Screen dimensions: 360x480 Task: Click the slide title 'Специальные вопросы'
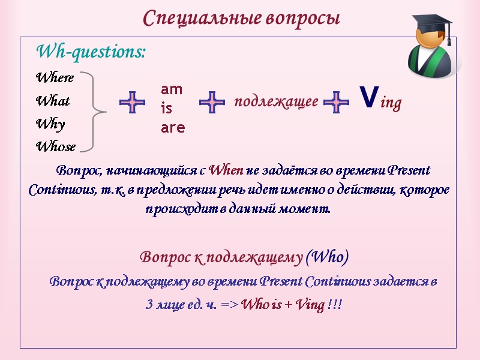point(241,18)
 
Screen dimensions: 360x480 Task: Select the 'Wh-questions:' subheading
point(91,52)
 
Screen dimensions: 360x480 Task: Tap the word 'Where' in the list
point(55,78)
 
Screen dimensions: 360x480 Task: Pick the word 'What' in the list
point(53,101)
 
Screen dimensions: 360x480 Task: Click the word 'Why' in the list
point(50,124)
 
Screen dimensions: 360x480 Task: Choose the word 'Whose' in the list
point(56,146)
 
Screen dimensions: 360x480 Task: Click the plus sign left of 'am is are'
point(132,103)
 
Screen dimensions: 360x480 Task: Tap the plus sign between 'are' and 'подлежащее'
point(212,103)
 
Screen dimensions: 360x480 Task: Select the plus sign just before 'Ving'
point(336,103)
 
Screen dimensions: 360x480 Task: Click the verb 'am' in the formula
point(172,89)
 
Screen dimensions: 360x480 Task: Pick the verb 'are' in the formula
point(173,128)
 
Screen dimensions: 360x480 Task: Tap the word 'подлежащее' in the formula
point(276,102)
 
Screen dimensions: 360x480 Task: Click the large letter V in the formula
point(370,96)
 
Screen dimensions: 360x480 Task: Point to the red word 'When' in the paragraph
point(226,170)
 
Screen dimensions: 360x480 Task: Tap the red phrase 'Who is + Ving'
point(283,304)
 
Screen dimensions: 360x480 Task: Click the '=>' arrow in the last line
point(229,305)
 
